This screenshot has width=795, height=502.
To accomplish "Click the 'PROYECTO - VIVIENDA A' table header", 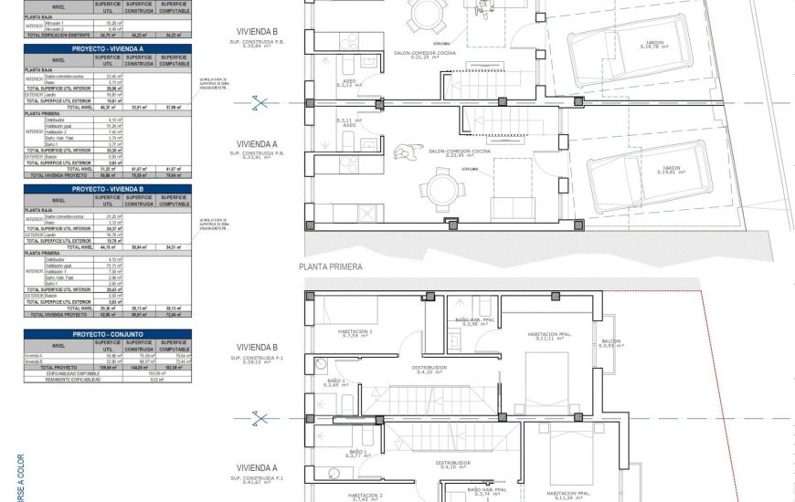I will [108, 47].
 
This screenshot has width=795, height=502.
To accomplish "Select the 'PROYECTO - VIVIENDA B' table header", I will [108, 188].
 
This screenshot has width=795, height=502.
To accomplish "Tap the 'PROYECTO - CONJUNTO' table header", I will [108, 334].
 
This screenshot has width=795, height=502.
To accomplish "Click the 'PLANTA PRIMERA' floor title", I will [331, 267].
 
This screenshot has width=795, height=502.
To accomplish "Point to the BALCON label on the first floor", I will [609, 342].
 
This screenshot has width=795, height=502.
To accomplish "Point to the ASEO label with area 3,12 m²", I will [349, 82].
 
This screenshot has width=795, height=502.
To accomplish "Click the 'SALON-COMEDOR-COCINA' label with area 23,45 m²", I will [447, 152].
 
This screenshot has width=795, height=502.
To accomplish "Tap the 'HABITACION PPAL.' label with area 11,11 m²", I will [549, 336].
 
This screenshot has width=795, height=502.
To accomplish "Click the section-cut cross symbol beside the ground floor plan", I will [261, 103].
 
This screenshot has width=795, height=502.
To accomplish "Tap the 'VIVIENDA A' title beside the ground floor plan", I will [257, 144].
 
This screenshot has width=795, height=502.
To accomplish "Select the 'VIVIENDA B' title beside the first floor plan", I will [257, 347].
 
